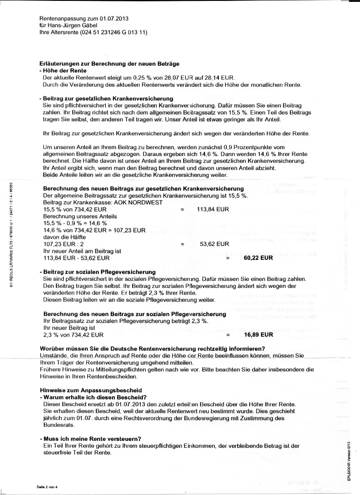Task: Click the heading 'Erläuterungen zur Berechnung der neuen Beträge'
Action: [x=109, y=64]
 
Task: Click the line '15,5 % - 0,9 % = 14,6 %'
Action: [x=73, y=223]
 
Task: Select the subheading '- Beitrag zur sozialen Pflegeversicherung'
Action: [x=97, y=271]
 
